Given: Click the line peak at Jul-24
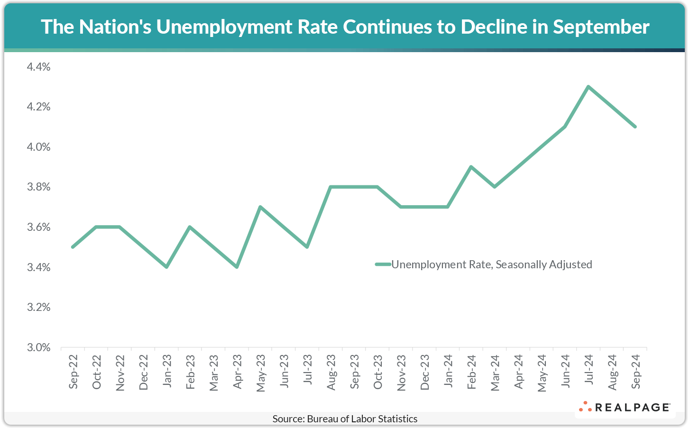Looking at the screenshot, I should click(588, 87).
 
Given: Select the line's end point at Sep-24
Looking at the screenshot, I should click(635, 127).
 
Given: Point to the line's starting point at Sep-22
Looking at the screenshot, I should click(73, 247).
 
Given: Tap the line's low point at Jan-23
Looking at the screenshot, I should click(166, 267).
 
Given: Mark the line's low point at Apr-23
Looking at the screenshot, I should click(237, 267).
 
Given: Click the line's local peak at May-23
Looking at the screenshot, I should click(260, 207).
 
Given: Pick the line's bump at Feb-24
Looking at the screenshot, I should click(471, 167).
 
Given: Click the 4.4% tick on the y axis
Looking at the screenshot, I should click(38, 67).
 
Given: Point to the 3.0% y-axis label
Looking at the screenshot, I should click(38, 347).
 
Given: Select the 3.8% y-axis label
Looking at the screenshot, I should click(38, 187).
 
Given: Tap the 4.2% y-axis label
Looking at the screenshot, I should click(38, 107).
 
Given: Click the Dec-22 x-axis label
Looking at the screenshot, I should click(143, 372).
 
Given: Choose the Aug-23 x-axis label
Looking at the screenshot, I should click(331, 372).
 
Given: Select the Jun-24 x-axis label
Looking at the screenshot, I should click(565, 372).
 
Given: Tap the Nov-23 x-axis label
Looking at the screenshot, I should click(401, 372).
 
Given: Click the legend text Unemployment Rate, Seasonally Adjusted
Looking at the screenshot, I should click(491, 264).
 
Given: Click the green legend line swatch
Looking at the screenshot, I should click(383, 264).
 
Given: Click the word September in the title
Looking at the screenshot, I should click(601, 27).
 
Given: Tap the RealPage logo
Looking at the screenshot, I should click(625, 407).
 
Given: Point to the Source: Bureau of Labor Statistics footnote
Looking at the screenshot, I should click(345, 419).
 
